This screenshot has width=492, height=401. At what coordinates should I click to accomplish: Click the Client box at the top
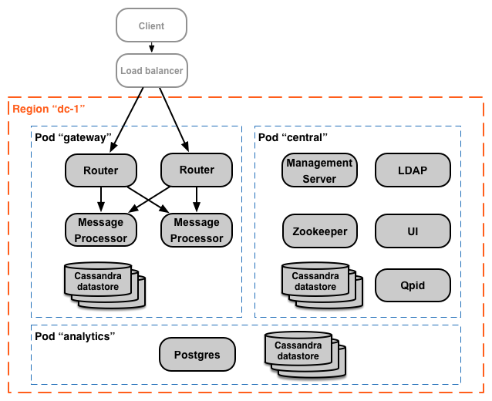pyautogui.click(x=151, y=25)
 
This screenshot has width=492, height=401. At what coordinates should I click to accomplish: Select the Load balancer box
pyautogui.click(x=152, y=71)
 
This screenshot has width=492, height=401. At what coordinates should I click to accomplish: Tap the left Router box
pyautogui.click(x=101, y=170)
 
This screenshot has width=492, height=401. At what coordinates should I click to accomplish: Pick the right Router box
pyautogui.click(x=197, y=170)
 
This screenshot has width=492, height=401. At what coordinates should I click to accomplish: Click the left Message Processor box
pyautogui.click(x=101, y=230)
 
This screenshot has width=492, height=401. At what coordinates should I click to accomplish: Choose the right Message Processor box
pyautogui.click(x=197, y=230)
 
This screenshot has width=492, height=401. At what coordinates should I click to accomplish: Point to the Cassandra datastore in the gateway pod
pyautogui.click(x=101, y=283)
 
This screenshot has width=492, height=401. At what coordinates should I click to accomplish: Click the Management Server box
pyautogui.click(x=319, y=170)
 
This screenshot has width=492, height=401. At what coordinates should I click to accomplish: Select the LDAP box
pyautogui.click(x=413, y=170)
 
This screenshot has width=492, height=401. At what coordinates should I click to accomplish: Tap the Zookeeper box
pyautogui.click(x=319, y=231)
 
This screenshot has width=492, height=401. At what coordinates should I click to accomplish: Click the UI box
pyautogui.click(x=413, y=231)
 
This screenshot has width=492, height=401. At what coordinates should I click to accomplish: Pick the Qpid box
pyautogui.click(x=413, y=285)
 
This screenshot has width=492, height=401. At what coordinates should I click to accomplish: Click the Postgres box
pyautogui.click(x=197, y=355)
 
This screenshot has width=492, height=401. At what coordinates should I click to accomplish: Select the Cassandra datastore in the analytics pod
pyautogui.click(x=301, y=352)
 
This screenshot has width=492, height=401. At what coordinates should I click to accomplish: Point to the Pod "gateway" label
pyautogui.click(x=74, y=137)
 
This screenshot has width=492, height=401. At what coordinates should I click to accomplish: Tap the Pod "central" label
pyautogui.click(x=293, y=137)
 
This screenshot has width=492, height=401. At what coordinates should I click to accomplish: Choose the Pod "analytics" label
pyautogui.click(x=75, y=336)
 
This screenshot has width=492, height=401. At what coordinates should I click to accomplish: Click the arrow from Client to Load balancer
pyautogui.click(x=152, y=48)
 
